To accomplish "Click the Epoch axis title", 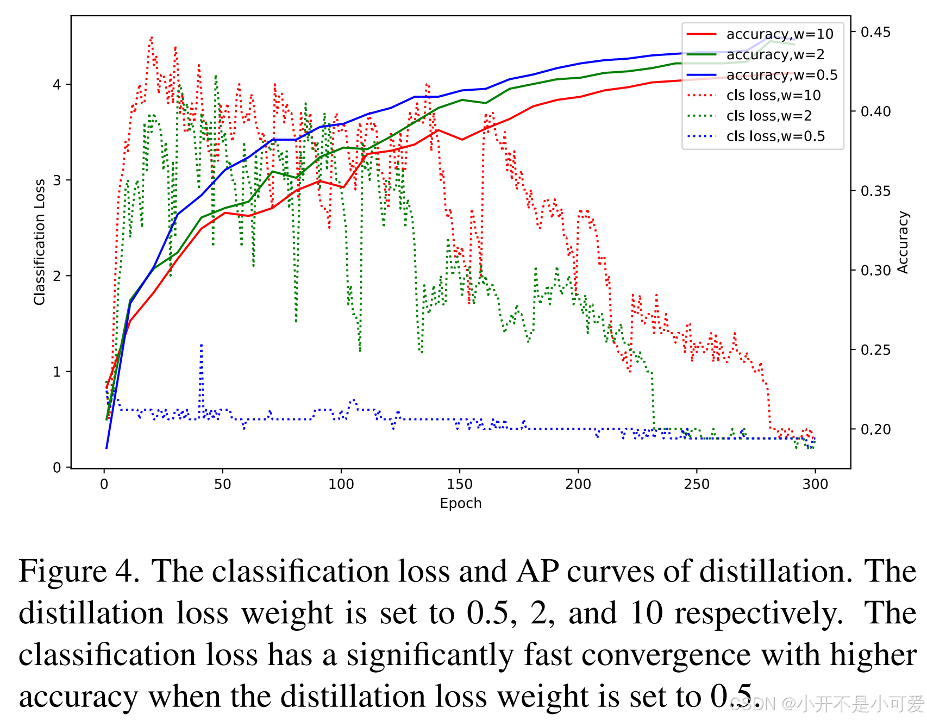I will click(x=461, y=503).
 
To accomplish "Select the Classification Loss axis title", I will click(x=39, y=242).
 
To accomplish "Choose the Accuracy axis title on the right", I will click(x=903, y=242).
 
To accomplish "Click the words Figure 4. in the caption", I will click(x=79, y=572).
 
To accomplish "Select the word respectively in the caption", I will click(x=759, y=613).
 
